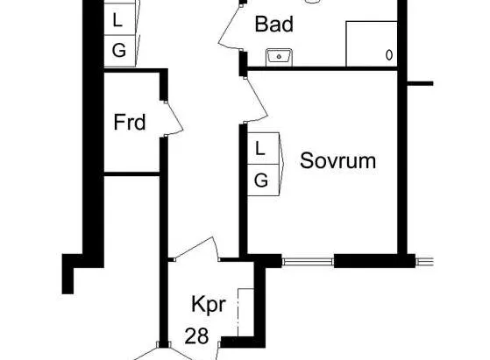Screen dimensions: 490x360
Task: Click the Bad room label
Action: (x=274, y=25)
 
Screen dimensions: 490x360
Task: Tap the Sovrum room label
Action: (x=337, y=161)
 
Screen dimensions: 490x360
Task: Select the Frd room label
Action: (x=130, y=122)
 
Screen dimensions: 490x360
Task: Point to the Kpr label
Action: (x=209, y=304)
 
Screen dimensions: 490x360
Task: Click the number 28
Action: (x=196, y=336)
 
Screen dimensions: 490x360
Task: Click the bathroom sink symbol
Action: (x=279, y=57)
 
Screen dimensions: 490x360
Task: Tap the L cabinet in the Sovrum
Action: (x=263, y=148)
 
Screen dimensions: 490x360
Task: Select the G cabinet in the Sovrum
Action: (x=263, y=180)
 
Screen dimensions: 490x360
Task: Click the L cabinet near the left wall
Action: (x=120, y=21)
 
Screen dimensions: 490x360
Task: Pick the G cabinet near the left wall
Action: (x=120, y=51)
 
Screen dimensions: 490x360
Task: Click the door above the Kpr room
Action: (x=195, y=248)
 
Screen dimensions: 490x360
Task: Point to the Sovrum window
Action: (x=308, y=262)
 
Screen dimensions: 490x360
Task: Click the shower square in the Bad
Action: (x=372, y=44)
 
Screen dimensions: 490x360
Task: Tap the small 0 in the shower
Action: (x=389, y=55)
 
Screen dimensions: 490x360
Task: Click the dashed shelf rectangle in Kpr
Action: (x=245, y=313)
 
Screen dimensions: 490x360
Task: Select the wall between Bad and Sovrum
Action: (x=323, y=68)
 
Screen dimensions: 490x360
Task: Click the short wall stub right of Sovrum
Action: (x=420, y=83)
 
